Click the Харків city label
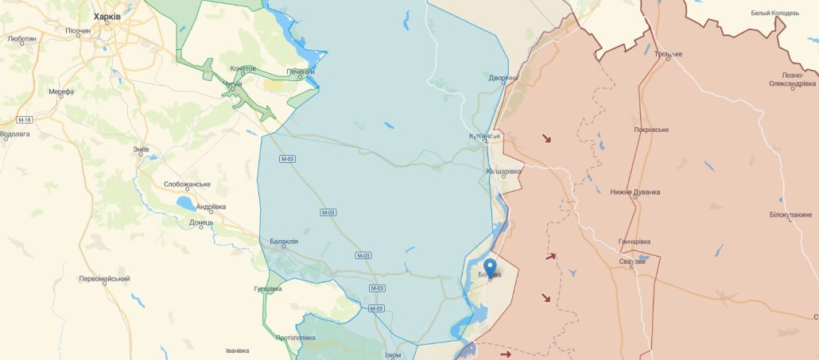(107, 16)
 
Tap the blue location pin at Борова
(490, 267)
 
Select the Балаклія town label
(284, 242)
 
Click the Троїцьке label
(668, 54)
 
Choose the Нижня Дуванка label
(635, 192)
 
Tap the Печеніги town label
(301, 72)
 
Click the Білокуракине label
(790, 215)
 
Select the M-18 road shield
(25, 120)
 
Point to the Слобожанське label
(187, 184)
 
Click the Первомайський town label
(104, 279)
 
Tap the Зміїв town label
(141, 149)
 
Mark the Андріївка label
(211, 207)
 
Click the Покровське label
(651, 130)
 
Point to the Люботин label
(21, 38)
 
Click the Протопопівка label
(296, 338)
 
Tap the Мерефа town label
(61, 91)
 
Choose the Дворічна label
(503, 78)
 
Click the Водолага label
(15, 134)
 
